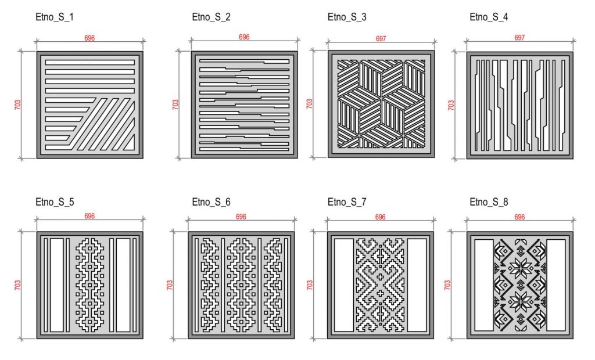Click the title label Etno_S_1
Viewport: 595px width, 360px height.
[54, 17]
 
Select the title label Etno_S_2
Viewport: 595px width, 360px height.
[211, 17]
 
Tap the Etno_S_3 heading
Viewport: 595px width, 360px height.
[347, 17]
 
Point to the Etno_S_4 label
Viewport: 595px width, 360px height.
[489, 17]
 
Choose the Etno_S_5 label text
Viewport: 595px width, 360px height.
[55, 202]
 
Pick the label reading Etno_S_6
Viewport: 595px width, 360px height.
[211, 202]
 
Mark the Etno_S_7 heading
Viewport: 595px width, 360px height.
[347, 202]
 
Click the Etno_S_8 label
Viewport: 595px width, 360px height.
[489, 202]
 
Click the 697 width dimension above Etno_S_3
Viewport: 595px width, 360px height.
[381, 39]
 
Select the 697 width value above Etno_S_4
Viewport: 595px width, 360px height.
[519, 38]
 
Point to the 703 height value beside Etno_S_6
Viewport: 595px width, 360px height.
[170, 285]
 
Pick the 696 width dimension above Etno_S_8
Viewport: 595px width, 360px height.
[519, 217]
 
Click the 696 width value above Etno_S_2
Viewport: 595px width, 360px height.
[244, 37]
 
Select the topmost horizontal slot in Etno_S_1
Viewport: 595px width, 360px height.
[90, 62]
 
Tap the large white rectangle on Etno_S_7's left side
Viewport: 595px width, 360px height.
[344, 285]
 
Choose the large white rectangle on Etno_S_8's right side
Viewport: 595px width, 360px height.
[555, 285]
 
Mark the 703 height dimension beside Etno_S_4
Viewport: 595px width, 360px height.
[451, 105]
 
